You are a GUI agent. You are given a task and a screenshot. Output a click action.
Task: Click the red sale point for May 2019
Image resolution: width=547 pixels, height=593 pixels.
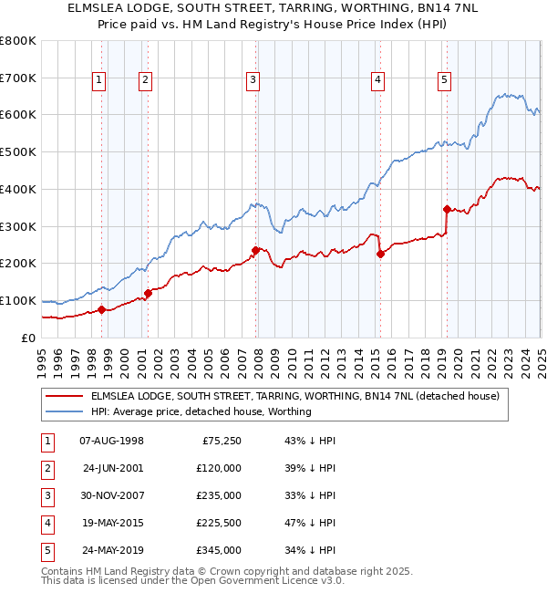tap(447, 209)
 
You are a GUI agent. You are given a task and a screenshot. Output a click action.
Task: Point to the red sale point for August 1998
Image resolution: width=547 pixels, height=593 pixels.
tap(101, 309)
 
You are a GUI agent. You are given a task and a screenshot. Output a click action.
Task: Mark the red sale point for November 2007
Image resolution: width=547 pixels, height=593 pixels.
tap(255, 249)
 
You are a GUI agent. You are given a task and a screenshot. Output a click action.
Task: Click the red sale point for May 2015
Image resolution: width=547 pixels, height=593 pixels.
tap(380, 254)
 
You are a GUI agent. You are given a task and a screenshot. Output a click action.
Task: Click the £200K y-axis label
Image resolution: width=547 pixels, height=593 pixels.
tap(20, 264)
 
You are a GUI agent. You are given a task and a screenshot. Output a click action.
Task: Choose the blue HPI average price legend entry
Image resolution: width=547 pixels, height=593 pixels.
tap(201, 412)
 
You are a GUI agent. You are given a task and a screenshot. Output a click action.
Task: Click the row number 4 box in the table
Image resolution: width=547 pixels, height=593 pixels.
tap(46, 523)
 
